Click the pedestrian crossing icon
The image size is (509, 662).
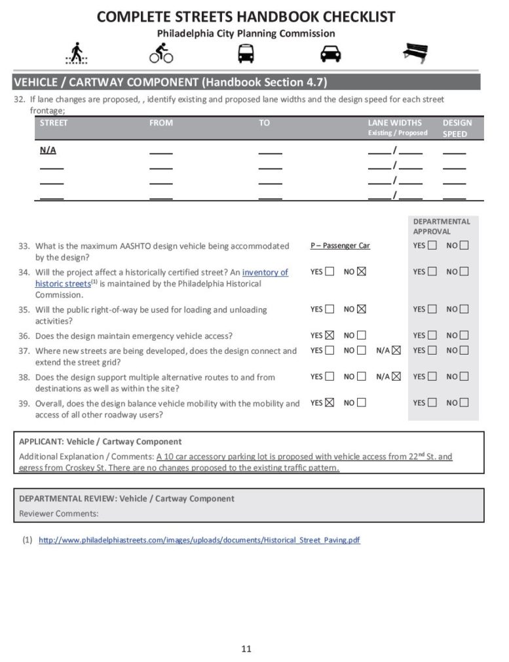click(x=77, y=53)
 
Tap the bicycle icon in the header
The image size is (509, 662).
click(x=161, y=53)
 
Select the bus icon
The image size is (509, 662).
click(x=246, y=53)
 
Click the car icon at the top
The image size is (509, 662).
click(x=330, y=53)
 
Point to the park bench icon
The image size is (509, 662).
click(x=415, y=53)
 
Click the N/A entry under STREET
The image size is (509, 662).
click(x=48, y=150)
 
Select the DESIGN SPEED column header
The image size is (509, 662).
click(x=457, y=128)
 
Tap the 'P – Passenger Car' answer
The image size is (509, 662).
click(x=340, y=246)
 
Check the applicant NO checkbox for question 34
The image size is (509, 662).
click(x=362, y=271)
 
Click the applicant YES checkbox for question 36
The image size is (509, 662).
click(x=330, y=336)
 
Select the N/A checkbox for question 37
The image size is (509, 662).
click(x=396, y=351)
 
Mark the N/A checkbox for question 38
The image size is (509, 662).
click(x=396, y=377)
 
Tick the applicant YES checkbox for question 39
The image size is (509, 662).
click(x=330, y=403)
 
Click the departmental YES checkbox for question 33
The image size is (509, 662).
click(x=432, y=246)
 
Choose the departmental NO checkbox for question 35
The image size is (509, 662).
click(x=464, y=309)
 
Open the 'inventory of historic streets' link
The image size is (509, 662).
click(x=265, y=273)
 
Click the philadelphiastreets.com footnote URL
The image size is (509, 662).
click(x=199, y=540)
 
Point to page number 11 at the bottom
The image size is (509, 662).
click(x=246, y=649)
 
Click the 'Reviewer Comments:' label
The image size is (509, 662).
click(x=59, y=513)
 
